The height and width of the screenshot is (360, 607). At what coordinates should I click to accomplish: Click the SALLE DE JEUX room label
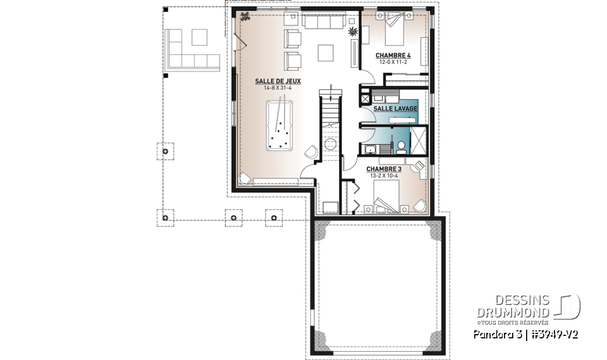click(278, 81)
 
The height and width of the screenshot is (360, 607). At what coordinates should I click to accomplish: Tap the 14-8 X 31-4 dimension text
click(278, 88)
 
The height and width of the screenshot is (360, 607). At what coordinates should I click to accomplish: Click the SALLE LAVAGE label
click(395, 109)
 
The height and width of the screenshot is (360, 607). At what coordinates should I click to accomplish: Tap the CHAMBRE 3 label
click(384, 169)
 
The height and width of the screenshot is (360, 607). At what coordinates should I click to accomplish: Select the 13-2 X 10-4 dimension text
click(384, 175)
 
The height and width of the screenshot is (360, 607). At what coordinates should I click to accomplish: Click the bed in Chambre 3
click(384, 197)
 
